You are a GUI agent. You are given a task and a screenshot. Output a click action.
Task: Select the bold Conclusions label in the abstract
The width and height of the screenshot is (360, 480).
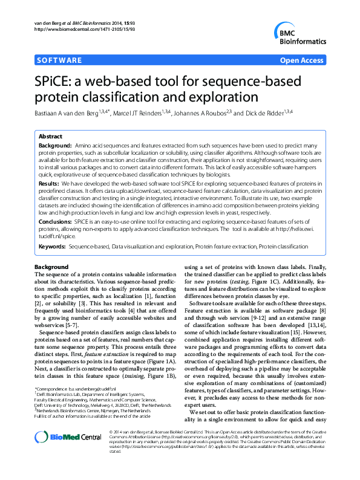click(55, 222)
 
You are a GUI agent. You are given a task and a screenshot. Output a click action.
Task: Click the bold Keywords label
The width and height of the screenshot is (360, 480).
click(52, 247)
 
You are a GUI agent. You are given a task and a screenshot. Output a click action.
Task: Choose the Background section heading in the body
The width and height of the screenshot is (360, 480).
click(51, 267)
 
